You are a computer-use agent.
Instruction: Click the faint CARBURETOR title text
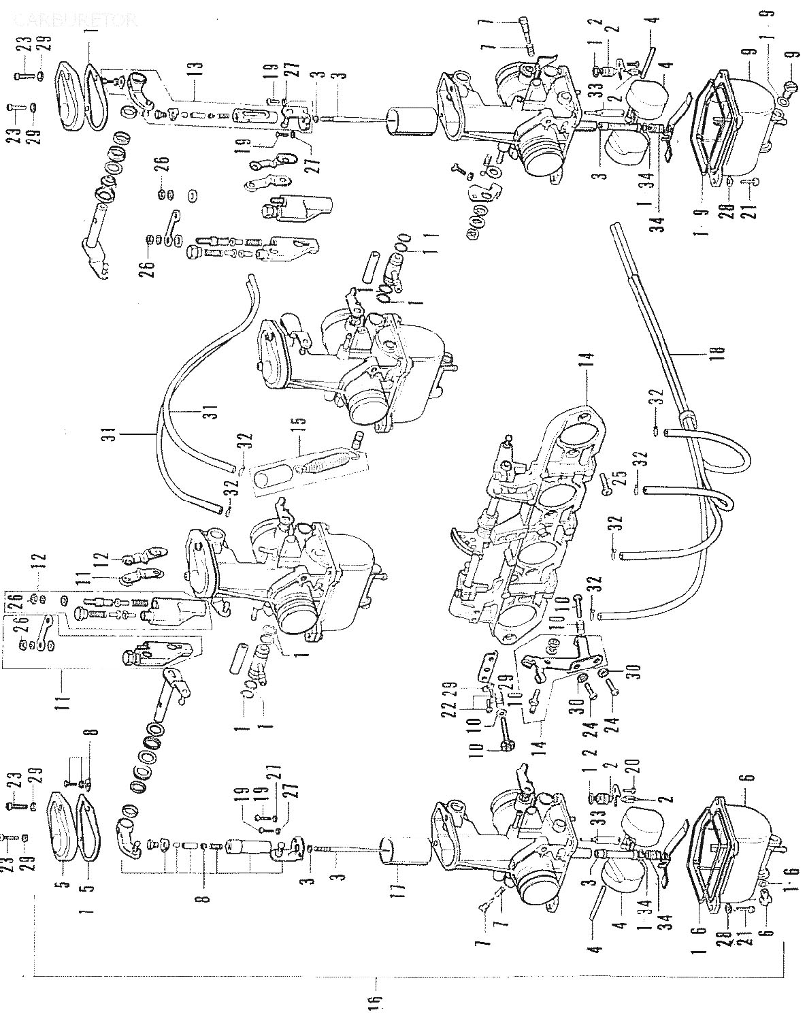[x=75, y=20]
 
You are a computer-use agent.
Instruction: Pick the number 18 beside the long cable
[x=720, y=352]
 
